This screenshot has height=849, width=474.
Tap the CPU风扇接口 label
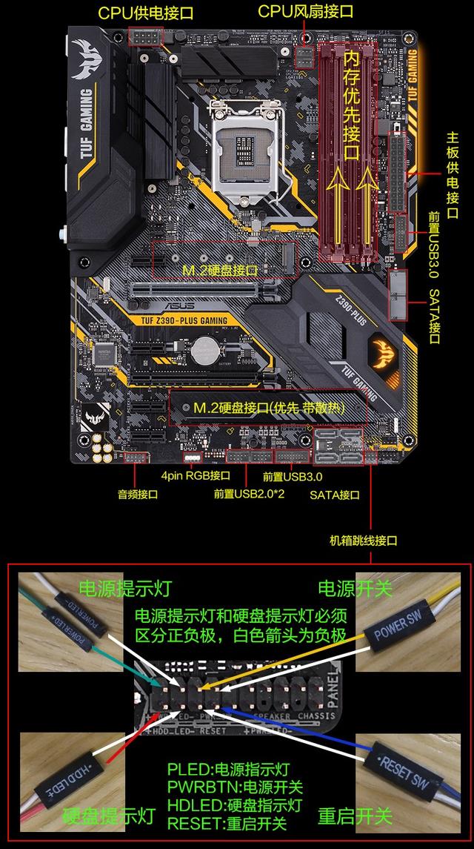(305, 11)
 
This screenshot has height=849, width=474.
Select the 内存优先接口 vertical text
(353, 104)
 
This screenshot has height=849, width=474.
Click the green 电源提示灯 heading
(125, 589)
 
